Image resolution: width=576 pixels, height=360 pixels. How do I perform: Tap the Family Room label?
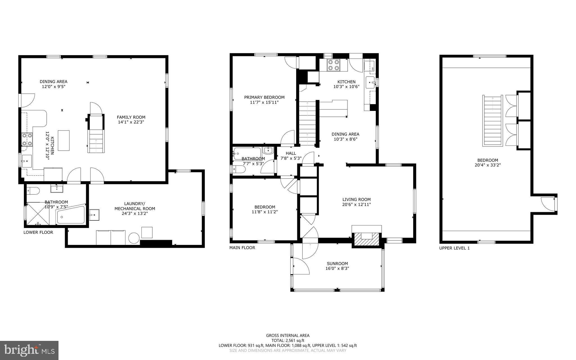(x=131, y=117)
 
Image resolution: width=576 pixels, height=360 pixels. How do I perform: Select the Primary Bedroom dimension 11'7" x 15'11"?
(x=264, y=102)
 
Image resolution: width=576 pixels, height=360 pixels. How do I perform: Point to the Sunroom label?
(x=337, y=264)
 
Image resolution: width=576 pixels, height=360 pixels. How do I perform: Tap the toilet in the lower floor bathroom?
(x=33, y=191)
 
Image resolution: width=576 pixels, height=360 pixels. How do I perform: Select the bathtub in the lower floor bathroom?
(x=71, y=215)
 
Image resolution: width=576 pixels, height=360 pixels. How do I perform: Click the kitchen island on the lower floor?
(x=64, y=140)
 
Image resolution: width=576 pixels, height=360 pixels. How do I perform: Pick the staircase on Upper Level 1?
(x=492, y=121)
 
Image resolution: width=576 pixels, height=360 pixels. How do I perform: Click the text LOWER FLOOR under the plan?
(x=38, y=232)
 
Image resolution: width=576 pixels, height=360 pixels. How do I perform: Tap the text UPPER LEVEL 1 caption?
(x=454, y=248)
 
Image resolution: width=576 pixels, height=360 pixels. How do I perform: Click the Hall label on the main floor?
(x=291, y=153)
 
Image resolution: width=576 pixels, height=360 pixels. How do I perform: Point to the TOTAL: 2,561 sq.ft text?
(x=288, y=341)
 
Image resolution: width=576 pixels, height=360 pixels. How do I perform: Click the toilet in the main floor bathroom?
(x=238, y=169)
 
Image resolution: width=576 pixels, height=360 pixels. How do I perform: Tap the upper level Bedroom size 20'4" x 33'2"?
(x=488, y=165)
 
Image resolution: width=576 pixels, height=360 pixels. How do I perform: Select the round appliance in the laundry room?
(x=134, y=238)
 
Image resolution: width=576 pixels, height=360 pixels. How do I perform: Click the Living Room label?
(x=356, y=200)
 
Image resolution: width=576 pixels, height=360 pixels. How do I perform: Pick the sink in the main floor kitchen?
(x=370, y=83)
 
